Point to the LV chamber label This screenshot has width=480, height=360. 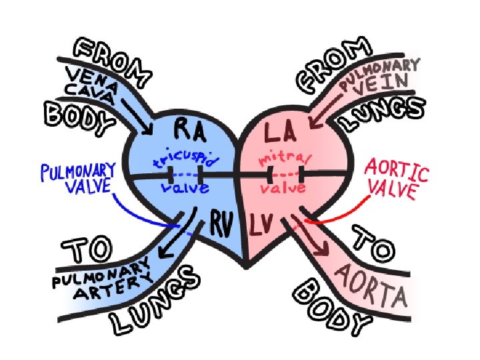[x=265, y=227]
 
